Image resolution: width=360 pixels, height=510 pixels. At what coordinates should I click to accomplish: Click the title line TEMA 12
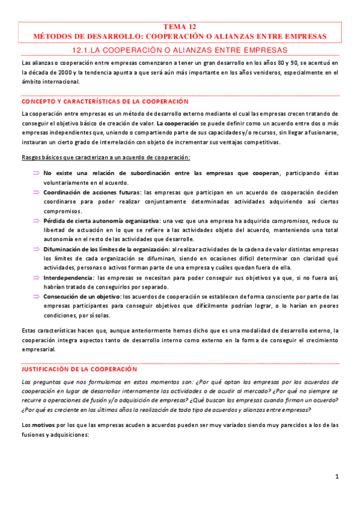[180, 27]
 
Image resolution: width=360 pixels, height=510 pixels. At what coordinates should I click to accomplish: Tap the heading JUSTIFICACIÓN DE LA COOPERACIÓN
[79, 368]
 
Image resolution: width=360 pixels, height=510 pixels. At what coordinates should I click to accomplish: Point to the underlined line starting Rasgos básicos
[105, 158]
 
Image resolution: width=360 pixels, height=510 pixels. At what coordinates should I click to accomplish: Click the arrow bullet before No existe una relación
[36, 173]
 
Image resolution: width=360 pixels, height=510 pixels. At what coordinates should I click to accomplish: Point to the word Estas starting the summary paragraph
[29, 330]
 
